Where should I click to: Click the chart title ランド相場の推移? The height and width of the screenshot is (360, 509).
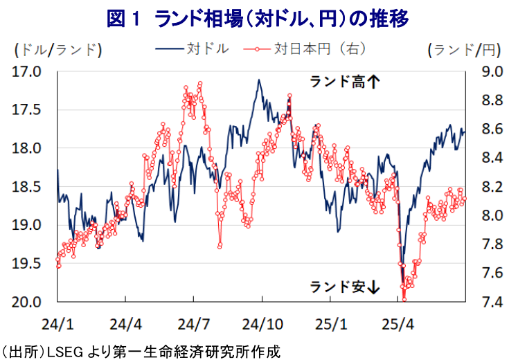(x=257, y=18)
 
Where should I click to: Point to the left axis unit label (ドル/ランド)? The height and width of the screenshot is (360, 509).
(x=57, y=49)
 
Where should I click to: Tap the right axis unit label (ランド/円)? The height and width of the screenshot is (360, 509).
(x=463, y=49)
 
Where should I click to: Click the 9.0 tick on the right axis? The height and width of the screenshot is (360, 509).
(x=488, y=71)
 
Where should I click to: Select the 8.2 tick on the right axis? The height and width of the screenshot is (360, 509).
(x=488, y=187)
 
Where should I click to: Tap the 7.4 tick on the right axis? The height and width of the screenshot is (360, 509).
(x=488, y=302)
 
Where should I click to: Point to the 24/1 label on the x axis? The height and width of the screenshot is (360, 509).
(x=57, y=323)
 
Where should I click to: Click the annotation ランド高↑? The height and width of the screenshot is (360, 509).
(x=344, y=82)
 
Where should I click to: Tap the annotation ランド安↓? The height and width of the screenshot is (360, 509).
(x=344, y=285)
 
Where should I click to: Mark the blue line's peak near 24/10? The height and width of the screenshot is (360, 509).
(x=258, y=80)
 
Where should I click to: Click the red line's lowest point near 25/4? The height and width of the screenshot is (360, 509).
(x=404, y=299)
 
